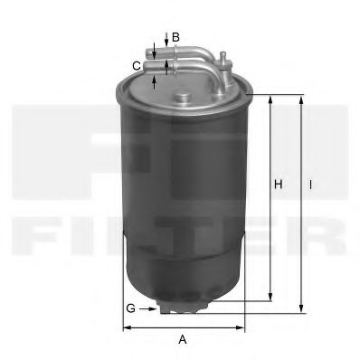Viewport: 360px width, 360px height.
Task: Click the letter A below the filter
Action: [182, 340]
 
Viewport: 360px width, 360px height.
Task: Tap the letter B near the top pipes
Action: [175, 37]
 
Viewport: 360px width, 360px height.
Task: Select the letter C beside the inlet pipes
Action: [136, 64]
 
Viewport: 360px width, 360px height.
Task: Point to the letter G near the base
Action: [130, 308]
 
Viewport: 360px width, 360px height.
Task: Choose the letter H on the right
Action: [279, 185]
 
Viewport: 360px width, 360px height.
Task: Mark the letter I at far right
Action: [310, 185]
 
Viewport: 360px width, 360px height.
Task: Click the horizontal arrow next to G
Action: [150, 308]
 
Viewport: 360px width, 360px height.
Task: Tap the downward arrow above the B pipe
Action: [163, 36]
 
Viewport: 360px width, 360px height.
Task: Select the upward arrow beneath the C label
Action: [155, 81]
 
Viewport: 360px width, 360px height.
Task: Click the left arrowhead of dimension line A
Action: [125, 327]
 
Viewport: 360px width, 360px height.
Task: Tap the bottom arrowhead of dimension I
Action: [301, 308]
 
